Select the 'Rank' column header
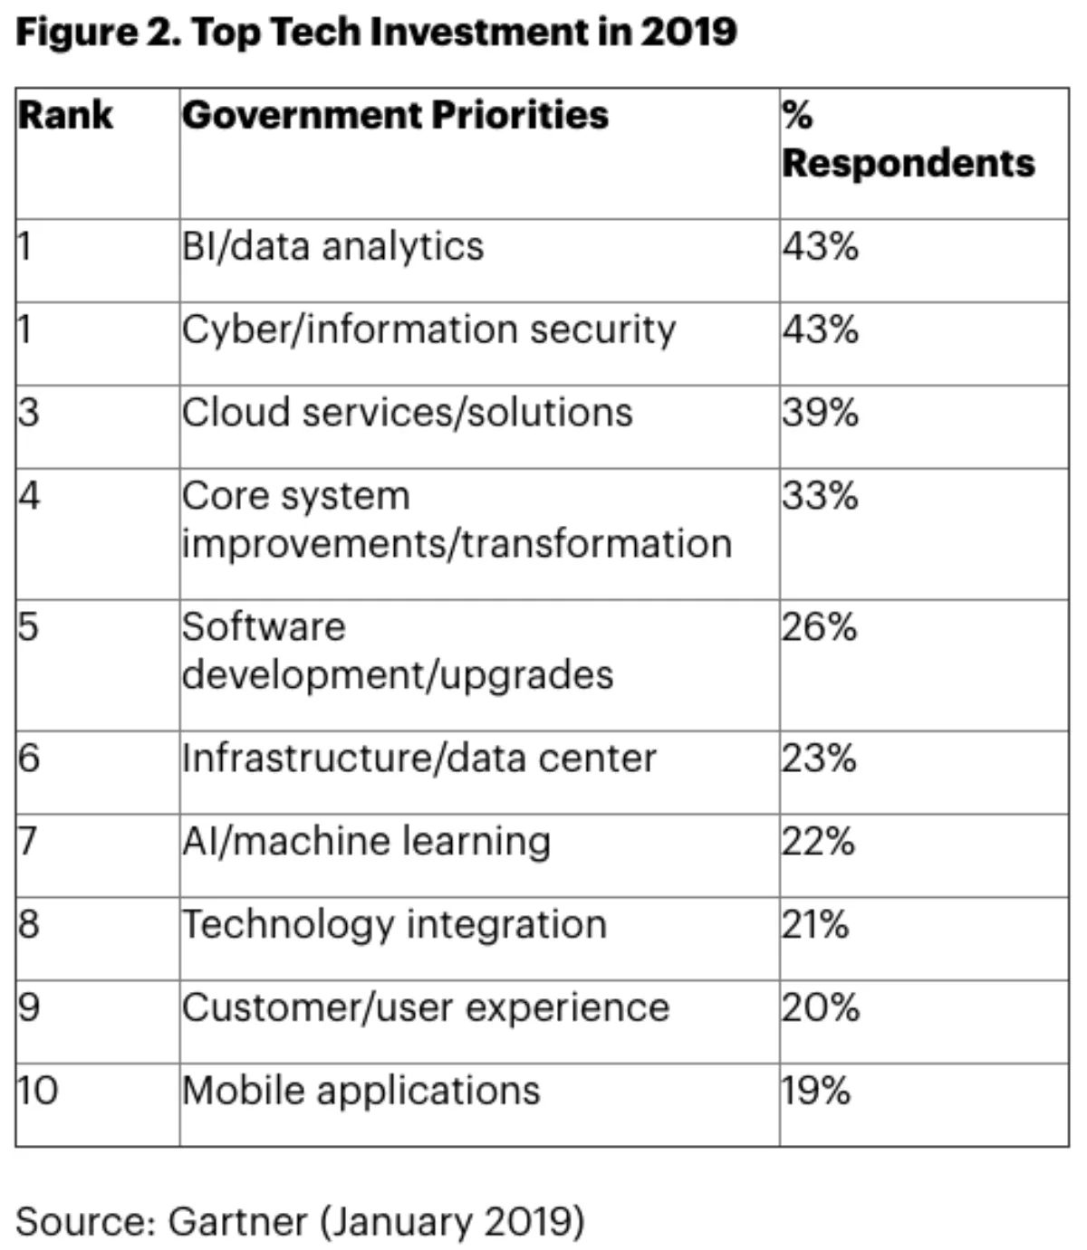tap(65, 116)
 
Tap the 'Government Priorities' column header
tap(395, 116)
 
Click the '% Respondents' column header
tap(908, 140)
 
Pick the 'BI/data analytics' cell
tap(332, 247)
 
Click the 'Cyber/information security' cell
tap(428, 330)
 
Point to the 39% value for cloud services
tap(821, 413)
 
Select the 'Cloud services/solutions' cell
tap(407, 413)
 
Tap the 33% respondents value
tap(821, 496)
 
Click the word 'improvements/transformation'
tap(457, 544)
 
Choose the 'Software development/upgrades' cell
tap(397, 651)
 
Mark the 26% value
tap(820, 627)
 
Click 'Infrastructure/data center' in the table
tap(418, 759)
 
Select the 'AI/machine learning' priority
tap(366, 842)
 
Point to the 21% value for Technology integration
tap(815, 925)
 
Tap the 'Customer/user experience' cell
tap(425, 1008)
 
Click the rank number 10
tap(38, 1091)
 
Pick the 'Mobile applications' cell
tap(361, 1091)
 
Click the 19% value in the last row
tap(816, 1091)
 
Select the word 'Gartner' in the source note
tap(237, 1222)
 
